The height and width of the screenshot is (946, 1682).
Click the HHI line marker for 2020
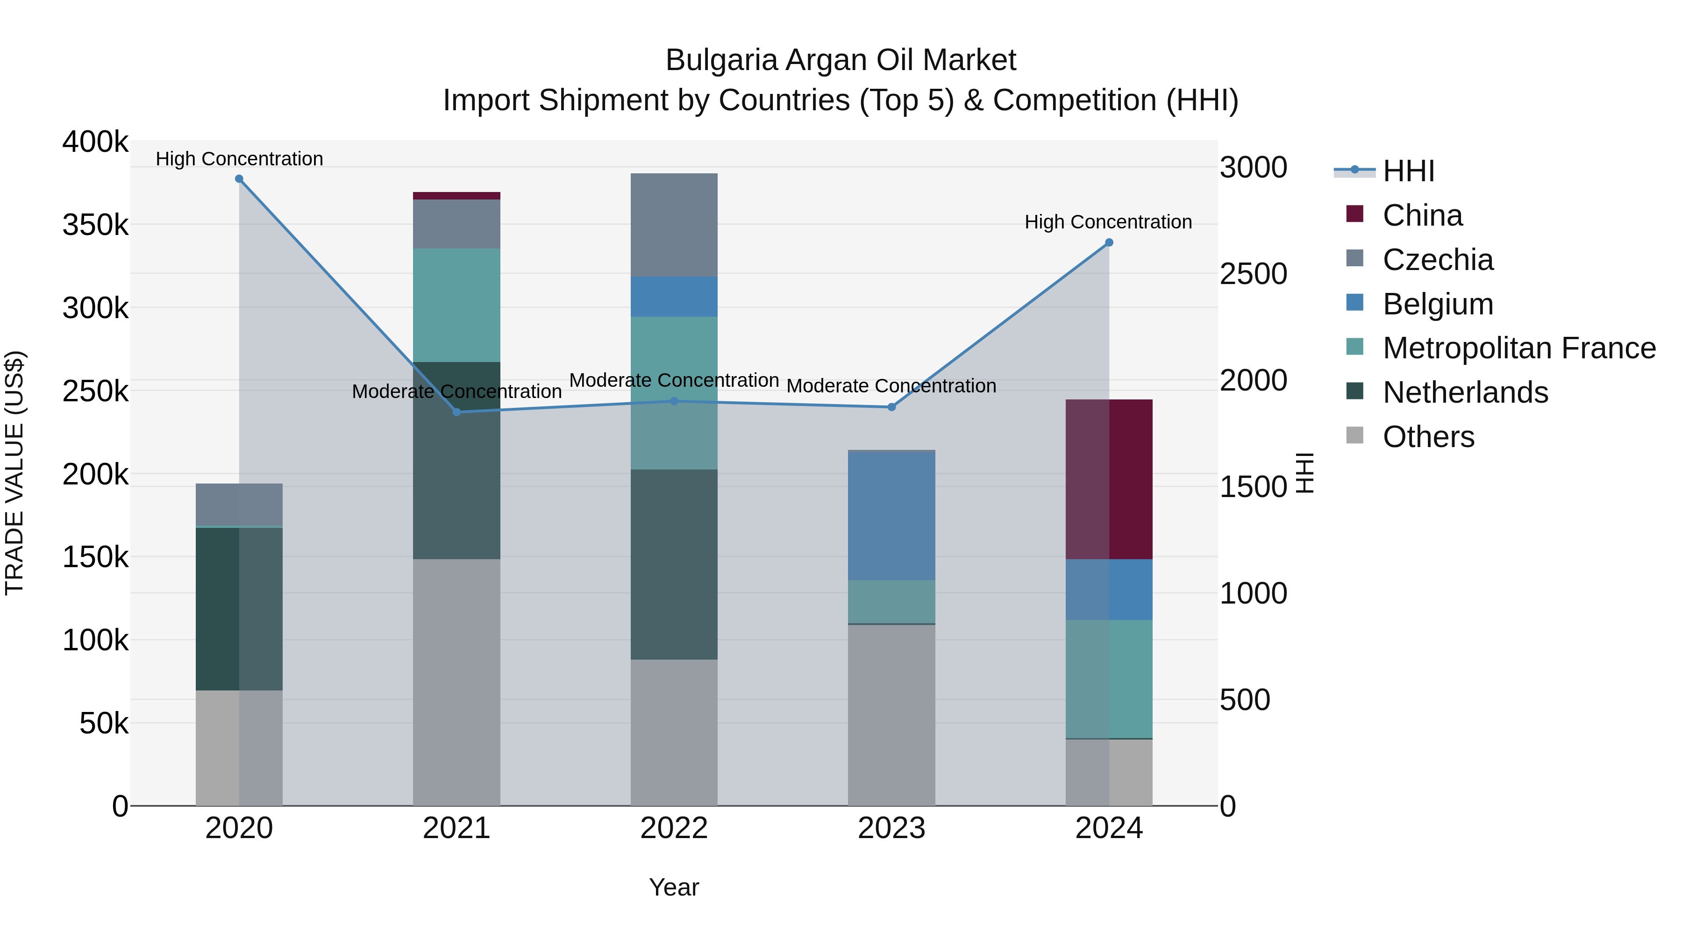point(239,179)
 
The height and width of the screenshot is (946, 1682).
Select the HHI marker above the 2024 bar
point(1109,243)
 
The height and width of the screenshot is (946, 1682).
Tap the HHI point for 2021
point(456,412)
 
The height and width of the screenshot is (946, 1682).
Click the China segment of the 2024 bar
point(1109,479)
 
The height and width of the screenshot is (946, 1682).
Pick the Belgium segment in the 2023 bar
point(891,516)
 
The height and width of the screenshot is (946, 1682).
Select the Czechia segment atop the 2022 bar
point(674,225)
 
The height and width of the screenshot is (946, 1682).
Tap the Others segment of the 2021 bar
point(456,682)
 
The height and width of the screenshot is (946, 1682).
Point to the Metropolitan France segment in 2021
point(456,305)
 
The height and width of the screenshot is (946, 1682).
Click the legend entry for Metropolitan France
point(1519,348)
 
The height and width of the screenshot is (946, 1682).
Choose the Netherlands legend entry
point(1465,392)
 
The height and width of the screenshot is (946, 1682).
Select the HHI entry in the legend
point(1408,171)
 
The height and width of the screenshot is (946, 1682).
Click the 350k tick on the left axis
point(95,225)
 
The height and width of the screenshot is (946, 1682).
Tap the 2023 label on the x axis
point(891,828)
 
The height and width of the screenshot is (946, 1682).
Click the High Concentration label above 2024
point(1108,222)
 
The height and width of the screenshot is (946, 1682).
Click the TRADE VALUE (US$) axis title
point(14,473)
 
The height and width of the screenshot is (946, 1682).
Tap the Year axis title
point(674,887)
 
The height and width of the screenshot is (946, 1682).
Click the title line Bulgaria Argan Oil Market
point(841,60)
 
